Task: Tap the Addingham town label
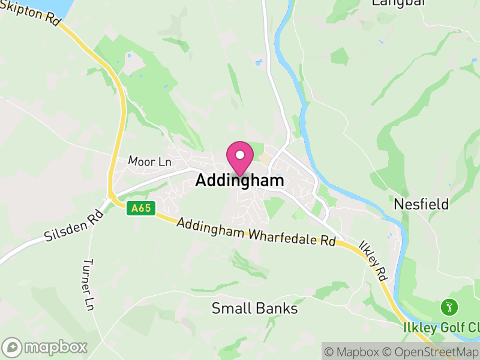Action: tap(239, 181)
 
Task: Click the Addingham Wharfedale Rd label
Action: tap(256, 231)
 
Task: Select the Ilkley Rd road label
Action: tap(373, 262)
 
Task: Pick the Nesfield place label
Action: tap(421, 204)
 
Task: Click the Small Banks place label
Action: tap(255, 308)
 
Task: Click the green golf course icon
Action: tap(448, 308)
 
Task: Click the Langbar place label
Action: tap(398, 3)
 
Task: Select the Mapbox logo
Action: tap(46, 347)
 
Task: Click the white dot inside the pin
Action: tap(240, 155)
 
